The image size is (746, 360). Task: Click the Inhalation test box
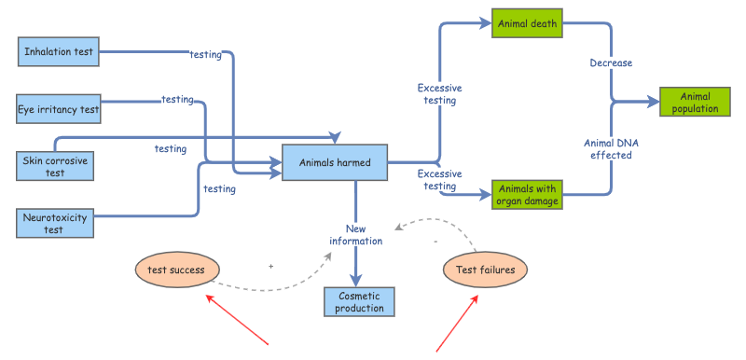(x=59, y=51)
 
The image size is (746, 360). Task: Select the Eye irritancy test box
(x=59, y=109)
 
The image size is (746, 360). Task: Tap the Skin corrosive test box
(x=55, y=166)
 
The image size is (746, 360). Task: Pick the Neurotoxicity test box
(x=55, y=223)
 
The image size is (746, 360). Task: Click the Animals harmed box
(x=335, y=162)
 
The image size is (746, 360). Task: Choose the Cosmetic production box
(x=359, y=301)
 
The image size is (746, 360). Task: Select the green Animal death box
(x=527, y=22)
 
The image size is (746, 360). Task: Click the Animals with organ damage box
(x=527, y=195)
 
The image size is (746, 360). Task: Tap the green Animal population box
(x=695, y=102)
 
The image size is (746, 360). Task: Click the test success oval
(x=177, y=270)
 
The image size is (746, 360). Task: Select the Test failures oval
(x=485, y=270)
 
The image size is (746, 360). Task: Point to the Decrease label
(x=611, y=62)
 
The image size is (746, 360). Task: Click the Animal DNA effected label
(x=611, y=149)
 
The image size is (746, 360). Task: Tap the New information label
(x=356, y=235)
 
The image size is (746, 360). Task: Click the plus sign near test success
(x=270, y=267)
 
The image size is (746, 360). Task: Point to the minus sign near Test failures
(x=435, y=242)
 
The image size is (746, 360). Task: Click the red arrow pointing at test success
(x=237, y=319)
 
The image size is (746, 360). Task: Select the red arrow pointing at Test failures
(x=457, y=324)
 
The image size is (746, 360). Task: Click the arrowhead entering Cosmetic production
(x=356, y=280)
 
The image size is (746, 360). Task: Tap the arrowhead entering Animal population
(x=653, y=102)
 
